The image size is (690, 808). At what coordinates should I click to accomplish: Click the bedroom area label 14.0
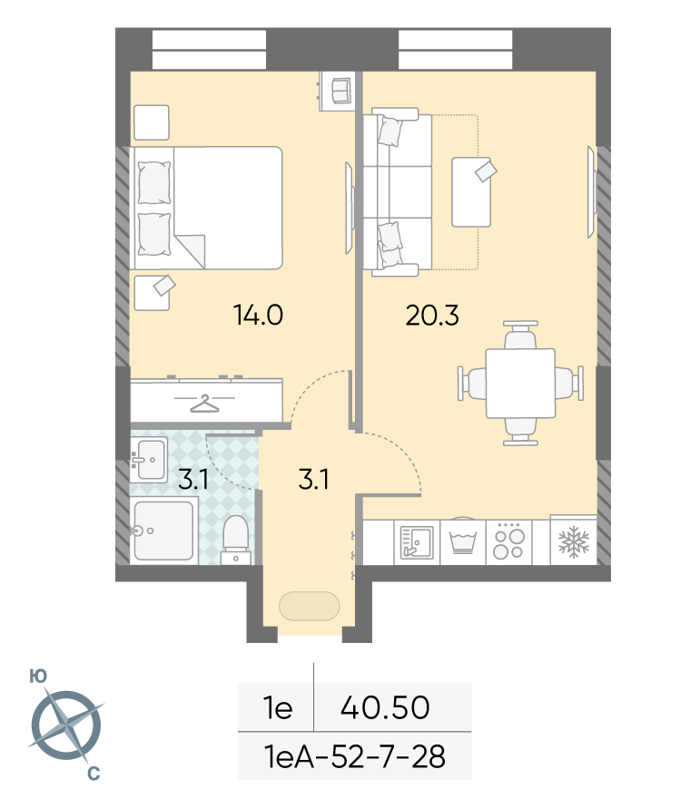click(x=258, y=315)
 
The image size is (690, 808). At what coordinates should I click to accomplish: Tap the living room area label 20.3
click(x=432, y=316)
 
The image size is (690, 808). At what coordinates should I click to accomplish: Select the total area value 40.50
click(x=385, y=707)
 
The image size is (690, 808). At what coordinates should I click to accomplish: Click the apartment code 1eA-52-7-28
click(x=355, y=756)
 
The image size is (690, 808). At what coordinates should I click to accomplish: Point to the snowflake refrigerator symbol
click(x=574, y=541)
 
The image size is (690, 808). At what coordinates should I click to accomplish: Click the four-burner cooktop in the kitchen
click(x=508, y=543)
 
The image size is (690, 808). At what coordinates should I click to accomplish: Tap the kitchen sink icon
click(x=417, y=542)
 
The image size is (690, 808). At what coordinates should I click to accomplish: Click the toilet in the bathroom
click(x=235, y=540)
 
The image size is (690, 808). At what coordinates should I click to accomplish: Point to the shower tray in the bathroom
click(x=164, y=531)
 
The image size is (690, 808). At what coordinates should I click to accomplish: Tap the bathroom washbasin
click(x=149, y=459)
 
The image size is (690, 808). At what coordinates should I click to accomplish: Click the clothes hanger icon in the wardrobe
click(x=204, y=403)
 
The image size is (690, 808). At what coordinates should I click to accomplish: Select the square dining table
click(x=520, y=383)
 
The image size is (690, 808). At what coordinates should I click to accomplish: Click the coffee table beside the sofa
click(x=471, y=192)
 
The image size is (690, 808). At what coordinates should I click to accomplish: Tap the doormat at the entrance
click(x=309, y=606)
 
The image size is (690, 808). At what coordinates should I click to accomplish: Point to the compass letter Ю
click(x=38, y=677)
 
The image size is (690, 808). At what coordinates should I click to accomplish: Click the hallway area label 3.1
click(x=313, y=479)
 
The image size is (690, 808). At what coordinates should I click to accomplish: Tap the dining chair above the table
click(x=520, y=335)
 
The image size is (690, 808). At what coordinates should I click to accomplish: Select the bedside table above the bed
click(x=152, y=122)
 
